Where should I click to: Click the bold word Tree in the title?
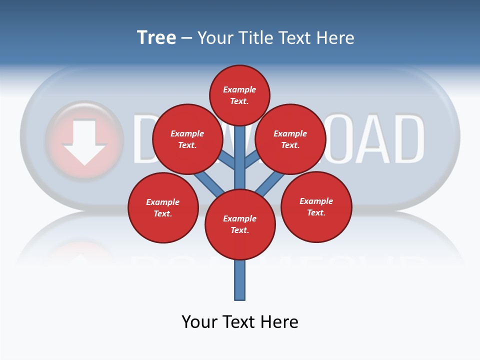[156, 38]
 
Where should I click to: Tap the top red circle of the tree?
[239, 95]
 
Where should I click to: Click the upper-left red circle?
[187, 139]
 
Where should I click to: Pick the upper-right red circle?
[290, 139]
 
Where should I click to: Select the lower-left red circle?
[163, 207]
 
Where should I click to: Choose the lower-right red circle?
[316, 206]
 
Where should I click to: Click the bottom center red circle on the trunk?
[240, 224]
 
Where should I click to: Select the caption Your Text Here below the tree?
[240, 321]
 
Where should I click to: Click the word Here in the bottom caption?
[280, 321]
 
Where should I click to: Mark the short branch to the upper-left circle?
[227, 159]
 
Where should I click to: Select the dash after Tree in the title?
[186, 38]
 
